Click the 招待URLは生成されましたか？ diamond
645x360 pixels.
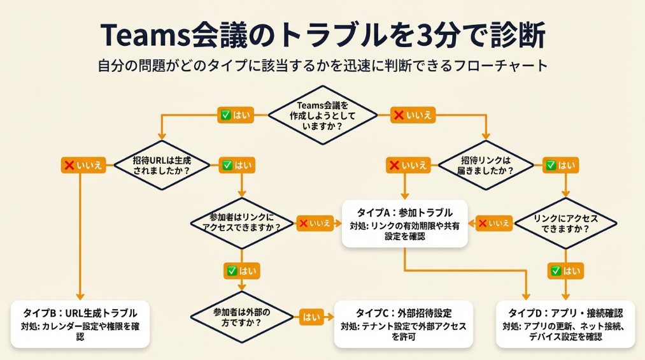[x=162, y=165]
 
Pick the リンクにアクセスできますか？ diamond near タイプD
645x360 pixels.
[x=565, y=223]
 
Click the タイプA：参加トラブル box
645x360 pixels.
[x=405, y=224]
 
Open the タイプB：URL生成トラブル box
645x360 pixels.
[x=80, y=324]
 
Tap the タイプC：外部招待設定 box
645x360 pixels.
[x=404, y=324]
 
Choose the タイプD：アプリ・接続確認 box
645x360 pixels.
[x=565, y=324]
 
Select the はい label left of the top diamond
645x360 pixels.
[x=236, y=115]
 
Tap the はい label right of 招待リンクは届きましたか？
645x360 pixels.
[x=560, y=165]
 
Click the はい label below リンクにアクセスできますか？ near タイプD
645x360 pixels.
[x=565, y=271]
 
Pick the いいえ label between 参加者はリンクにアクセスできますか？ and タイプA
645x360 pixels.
[x=315, y=223]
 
